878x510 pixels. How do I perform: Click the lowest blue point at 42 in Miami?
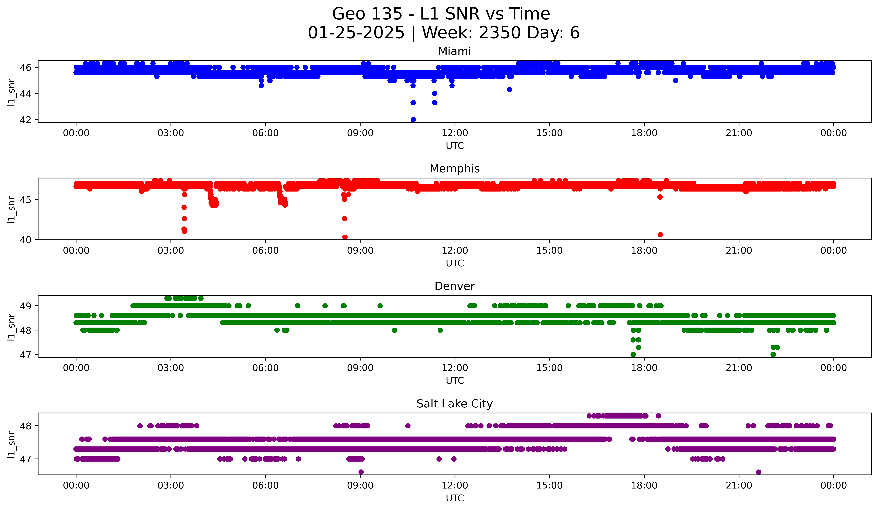click(413, 120)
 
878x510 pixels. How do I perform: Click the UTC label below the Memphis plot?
click(455, 263)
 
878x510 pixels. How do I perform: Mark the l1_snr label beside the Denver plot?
click(11, 327)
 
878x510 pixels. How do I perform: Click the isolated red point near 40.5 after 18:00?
click(660, 235)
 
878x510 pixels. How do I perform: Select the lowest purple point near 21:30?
click(759, 472)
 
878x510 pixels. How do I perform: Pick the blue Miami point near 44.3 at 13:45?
click(509, 90)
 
